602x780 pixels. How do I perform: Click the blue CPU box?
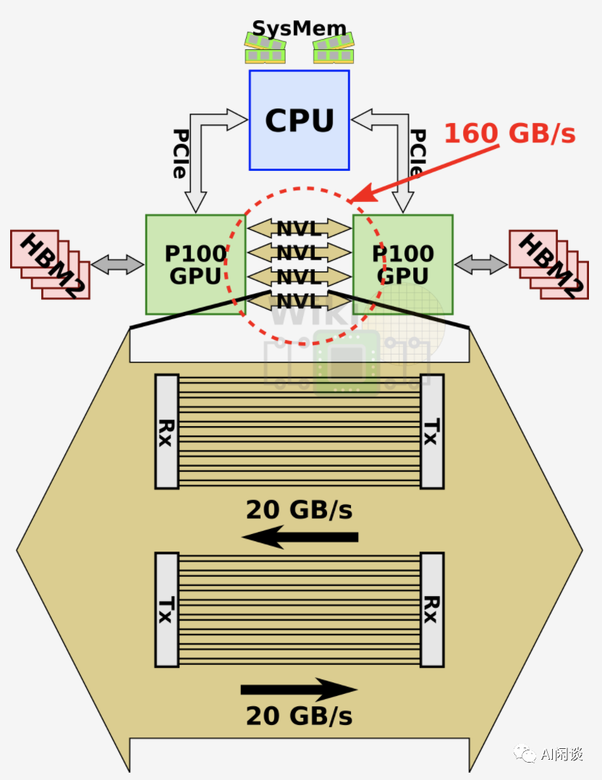(x=299, y=120)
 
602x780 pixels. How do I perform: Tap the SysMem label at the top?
(x=299, y=30)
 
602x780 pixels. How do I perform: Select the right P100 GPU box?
(x=403, y=264)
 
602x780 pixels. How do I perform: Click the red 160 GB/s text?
(x=509, y=133)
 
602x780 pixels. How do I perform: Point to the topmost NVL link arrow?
(x=299, y=229)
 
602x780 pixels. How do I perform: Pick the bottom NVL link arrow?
(x=299, y=300)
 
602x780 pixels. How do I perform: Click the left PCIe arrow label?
(x=180, y=153)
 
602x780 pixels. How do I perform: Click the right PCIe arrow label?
(x=417, y=153)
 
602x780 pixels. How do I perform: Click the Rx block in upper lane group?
(x=166, y=431)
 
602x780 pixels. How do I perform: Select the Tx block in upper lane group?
(x=432, y=431)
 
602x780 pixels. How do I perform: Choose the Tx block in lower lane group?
(x=166, y=609)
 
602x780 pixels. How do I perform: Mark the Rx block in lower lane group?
(x=432, y=609)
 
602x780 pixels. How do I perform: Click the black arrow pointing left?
(x=300, y=537)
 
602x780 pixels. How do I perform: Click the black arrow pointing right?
(x=299, y=690)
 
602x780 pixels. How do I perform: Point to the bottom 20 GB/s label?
(x=299, y=716)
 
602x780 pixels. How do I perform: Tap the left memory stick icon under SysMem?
(x=265, y=49)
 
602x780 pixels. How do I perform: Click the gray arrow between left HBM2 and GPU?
(x=117, y=264)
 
